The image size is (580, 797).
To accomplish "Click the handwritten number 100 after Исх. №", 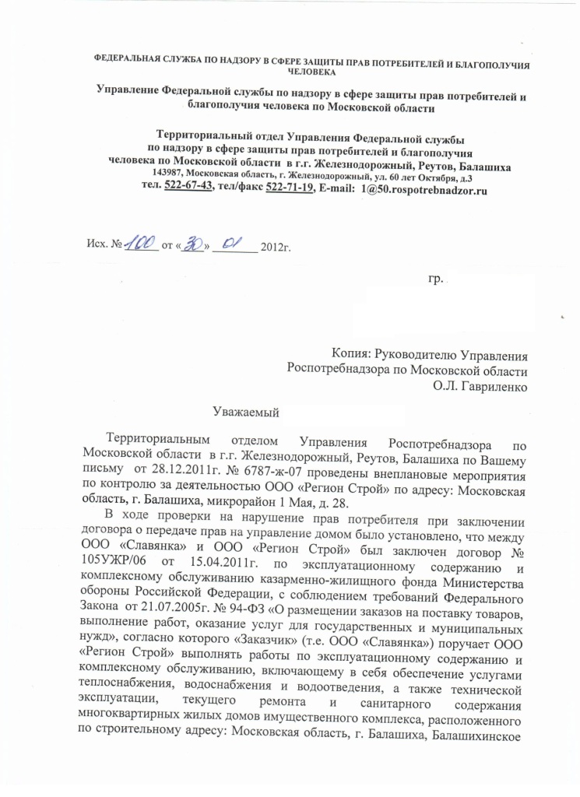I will click(x=142, y=244).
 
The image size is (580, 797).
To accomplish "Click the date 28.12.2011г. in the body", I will click(x=173, y=469).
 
